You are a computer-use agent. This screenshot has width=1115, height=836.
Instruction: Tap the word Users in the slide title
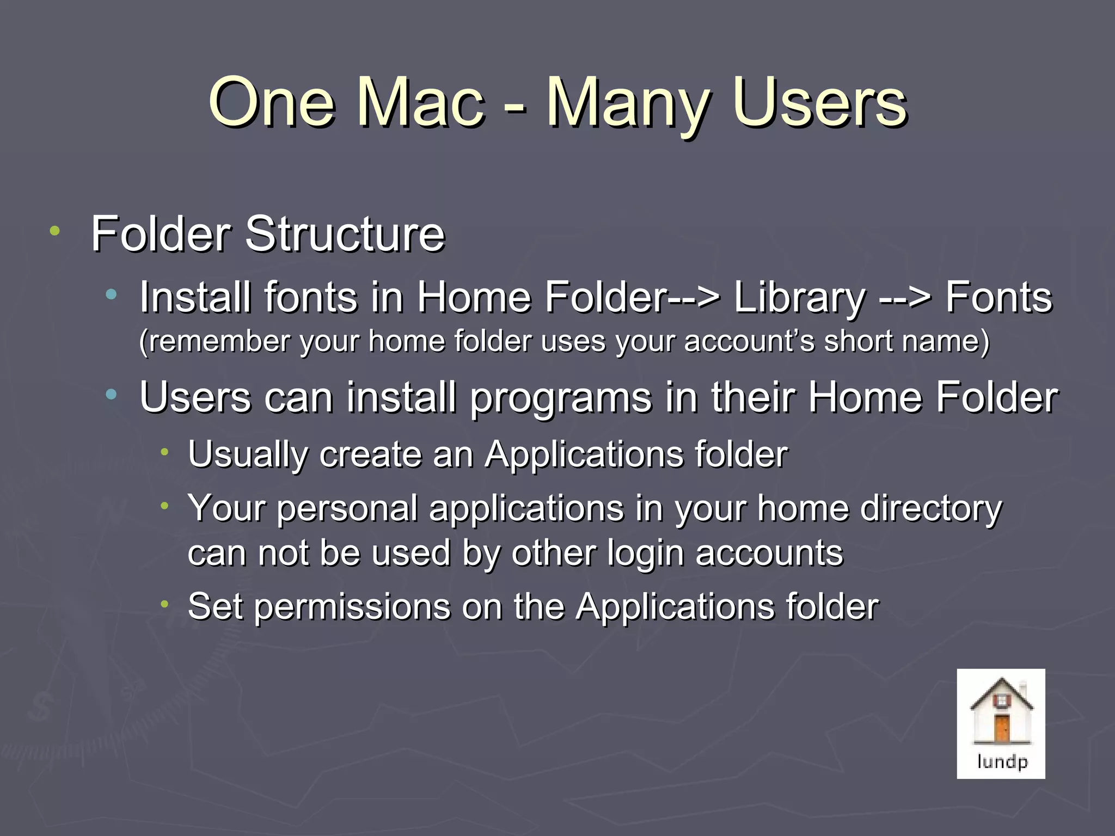tap(819, 103)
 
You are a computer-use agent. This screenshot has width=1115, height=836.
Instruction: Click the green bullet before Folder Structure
tap(54, 231)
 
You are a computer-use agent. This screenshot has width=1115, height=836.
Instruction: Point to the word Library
tap(799, 298)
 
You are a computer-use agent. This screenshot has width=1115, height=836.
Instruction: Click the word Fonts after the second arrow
tap(998, 298)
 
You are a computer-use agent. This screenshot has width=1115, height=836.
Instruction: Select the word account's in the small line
tap(749, 342)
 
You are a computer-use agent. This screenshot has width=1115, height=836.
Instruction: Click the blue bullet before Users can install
tap(112, 395)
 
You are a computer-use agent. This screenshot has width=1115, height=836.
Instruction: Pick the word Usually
tap(248, 455)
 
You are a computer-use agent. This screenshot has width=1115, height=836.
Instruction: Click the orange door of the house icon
tap(1002, 728)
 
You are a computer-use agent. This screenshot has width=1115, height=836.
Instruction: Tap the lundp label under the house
tap(1002, 761)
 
